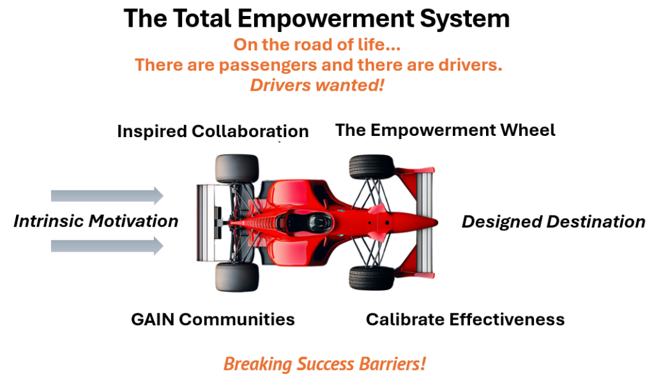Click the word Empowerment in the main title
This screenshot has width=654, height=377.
(x=326, y=18)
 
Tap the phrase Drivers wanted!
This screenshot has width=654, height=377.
(x=317, y=85)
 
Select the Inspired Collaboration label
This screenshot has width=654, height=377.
(x=213, y=131)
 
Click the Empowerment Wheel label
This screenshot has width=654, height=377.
(x=445, y=130)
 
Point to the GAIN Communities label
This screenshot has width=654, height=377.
(x=213, y=320)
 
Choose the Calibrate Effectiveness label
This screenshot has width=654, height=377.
(x=465, y=320)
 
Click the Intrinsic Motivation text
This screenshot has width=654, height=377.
(x=96, y=221)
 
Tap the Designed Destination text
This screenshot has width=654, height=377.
(x=554, y=221)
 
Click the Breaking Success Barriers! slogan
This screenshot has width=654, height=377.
(x=324, y=364)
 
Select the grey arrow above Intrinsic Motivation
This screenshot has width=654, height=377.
(x=107, y=196)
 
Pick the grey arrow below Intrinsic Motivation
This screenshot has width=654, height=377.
(x=107, y=246)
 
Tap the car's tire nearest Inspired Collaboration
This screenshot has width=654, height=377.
(x=237, y=168)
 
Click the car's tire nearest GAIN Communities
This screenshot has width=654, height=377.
(x=237, y=277)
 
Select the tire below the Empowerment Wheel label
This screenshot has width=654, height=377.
(x=372, y=167)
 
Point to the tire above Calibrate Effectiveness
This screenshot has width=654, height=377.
(x=372, y=278)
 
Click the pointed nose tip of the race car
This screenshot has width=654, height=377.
(x=437, y=223)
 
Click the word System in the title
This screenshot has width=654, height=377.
(x=465, y=18)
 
